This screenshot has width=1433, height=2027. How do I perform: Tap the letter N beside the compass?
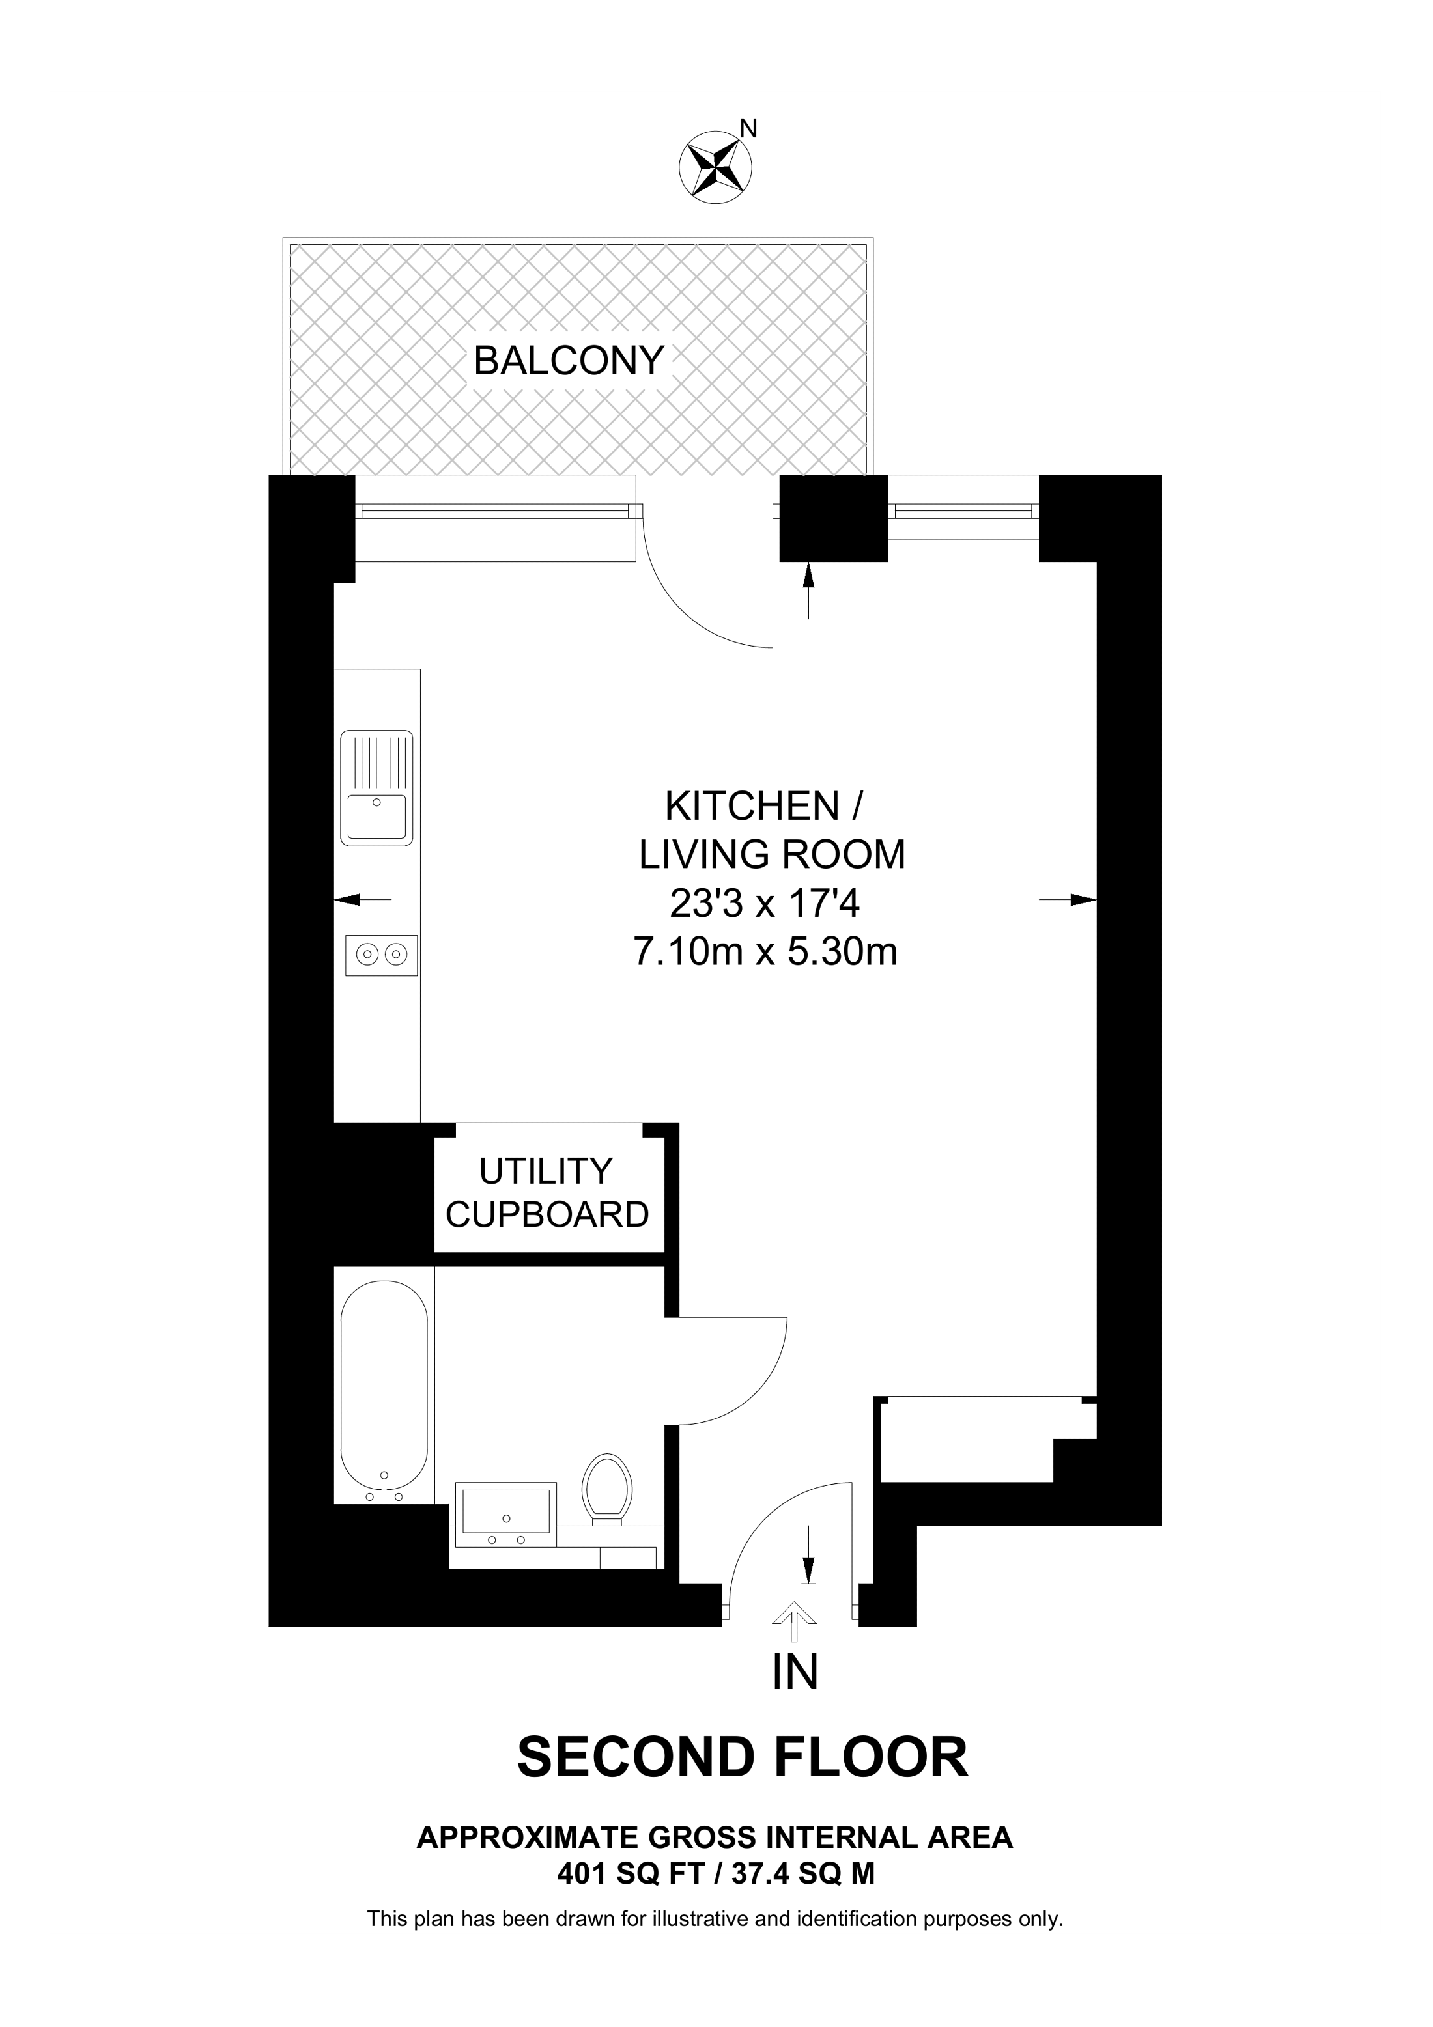pos(748,130)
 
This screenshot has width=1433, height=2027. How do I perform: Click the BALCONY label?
pos(569,361)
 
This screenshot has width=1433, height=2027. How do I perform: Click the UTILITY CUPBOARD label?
pos(546,1193)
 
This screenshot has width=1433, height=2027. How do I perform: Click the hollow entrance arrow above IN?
pos(795,1612)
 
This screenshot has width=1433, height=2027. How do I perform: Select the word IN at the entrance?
pos(795,1672)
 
